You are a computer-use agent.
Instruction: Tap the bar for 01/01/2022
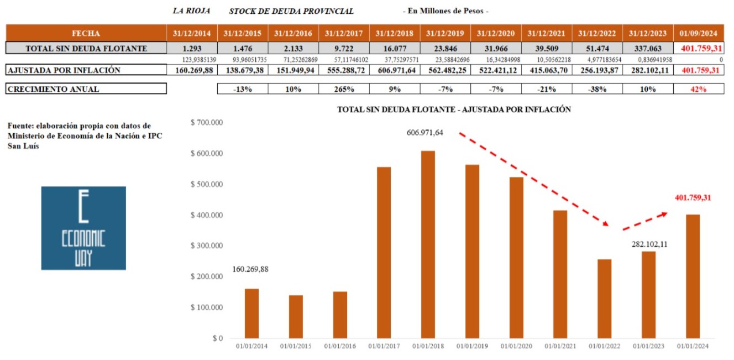point(605,298)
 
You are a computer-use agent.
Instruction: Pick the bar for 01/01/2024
point(693,276)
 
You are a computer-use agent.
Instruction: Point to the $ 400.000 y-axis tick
point(206,215)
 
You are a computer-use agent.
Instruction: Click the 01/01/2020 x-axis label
point(516,347)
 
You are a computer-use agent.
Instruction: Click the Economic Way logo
point(83,228)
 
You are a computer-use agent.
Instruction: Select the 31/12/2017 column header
point(344,33)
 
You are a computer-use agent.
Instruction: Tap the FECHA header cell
point(86,33)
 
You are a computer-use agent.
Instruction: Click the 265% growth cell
point(344,89)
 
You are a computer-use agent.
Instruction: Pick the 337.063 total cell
point(647,49)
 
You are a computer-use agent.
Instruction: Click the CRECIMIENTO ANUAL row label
point(54,89)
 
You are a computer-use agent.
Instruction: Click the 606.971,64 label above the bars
point(425,132)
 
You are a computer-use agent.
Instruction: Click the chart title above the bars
point(454,110)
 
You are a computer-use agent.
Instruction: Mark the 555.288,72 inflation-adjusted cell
point(344,70)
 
